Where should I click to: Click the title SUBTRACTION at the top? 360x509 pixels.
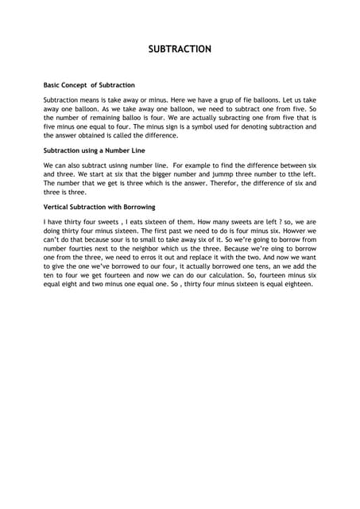[180, 49]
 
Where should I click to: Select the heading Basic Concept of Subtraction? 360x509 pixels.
[89, 84]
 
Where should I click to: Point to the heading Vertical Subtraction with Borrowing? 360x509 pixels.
[99, 207]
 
